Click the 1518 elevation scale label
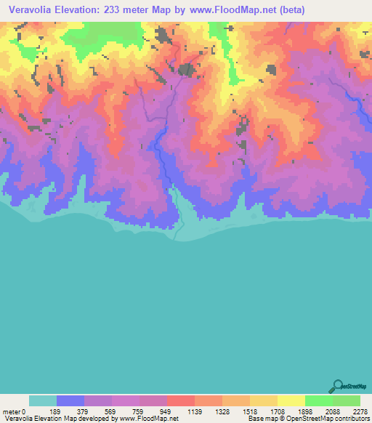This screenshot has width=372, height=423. [x=249, y=411]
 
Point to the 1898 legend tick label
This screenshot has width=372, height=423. [x=304, y=411]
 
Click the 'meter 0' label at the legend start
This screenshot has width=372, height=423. [x=14, y=411]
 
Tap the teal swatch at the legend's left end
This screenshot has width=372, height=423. [x=42, y=400]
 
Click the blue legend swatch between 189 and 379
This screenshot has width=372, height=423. [x=70, y=400]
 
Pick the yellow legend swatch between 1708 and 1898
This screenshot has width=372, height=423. [x=291, y=400]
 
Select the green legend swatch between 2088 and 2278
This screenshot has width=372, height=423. [x=346, y=400]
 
